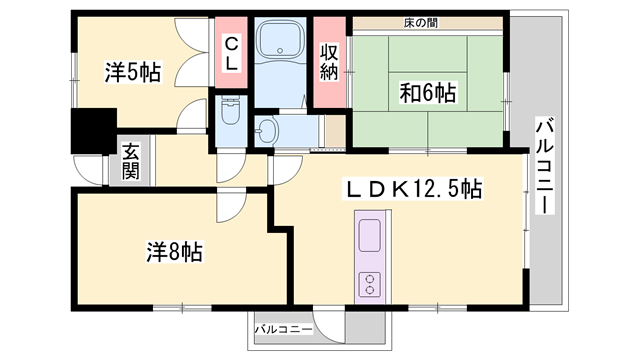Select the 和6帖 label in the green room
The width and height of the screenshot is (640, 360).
tap(427, 94)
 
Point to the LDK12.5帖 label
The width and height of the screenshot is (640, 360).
tap(414, 188)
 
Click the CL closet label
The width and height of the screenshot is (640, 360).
tap(231, 53)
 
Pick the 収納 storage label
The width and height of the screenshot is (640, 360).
tap(329, 61)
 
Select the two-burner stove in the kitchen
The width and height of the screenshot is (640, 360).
tap(369, 282)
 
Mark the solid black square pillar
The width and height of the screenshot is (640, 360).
tap(91, 132)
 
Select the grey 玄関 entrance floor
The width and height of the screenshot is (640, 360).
tap(132, 175)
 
